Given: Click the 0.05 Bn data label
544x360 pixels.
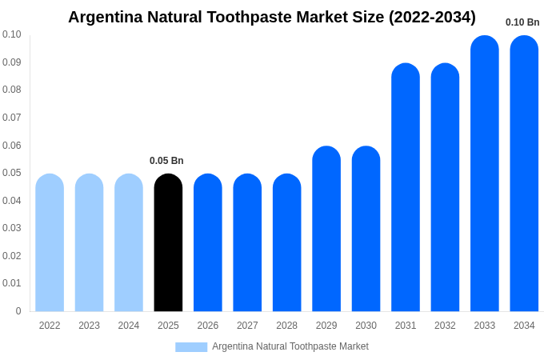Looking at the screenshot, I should pos(166,161).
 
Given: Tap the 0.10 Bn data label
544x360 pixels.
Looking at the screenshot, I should pos(522,22).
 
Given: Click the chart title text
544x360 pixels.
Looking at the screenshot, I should pos(272,17).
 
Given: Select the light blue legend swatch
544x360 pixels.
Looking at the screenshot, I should pos(191,346).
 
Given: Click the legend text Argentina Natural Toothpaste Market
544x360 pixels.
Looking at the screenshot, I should pos(290,346).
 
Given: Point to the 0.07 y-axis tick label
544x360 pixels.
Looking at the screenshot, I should pos(12,118).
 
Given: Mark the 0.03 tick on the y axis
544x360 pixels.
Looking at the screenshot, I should pos(12,228).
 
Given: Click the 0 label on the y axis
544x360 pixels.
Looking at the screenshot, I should pos(18,311).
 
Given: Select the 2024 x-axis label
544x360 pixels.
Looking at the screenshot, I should pos(129,326).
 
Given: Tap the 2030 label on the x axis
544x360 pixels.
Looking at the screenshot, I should pos(366,326).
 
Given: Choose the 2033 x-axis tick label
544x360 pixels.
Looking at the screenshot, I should pos(485,326).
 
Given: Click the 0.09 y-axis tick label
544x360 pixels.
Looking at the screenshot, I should pos(12,62).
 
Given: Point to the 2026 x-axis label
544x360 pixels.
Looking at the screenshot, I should pos(208,326).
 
